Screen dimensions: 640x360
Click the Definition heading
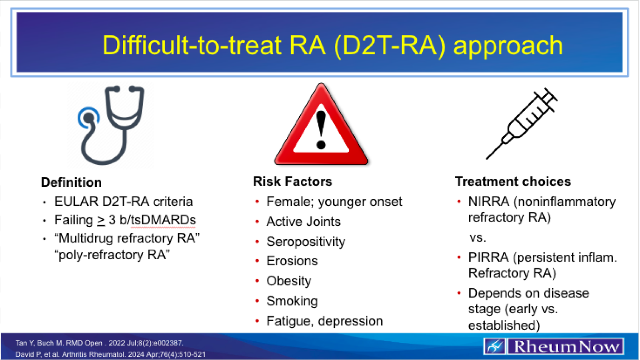72,182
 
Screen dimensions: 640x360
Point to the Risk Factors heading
292,182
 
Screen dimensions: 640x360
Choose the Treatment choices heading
513,182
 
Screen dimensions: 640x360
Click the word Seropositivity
306,242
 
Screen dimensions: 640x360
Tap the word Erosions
292,261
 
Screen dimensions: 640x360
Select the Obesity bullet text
288,281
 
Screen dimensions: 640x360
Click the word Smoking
292,301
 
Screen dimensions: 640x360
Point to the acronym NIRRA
489,202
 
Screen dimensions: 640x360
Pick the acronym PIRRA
488,257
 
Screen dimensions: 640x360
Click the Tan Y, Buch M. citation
100,343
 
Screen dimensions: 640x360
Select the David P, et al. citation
110,354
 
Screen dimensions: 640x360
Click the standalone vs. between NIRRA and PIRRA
478,238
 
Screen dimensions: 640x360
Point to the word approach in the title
508,46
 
